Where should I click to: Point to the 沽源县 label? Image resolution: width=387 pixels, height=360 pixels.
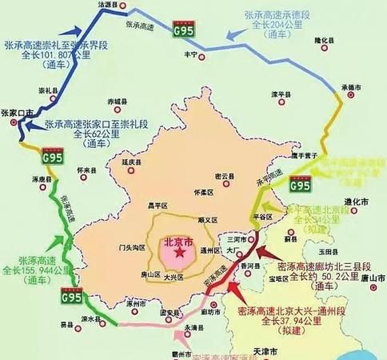click(109, 5)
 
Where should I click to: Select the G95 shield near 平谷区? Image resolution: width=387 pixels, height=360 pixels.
click(300, 186)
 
